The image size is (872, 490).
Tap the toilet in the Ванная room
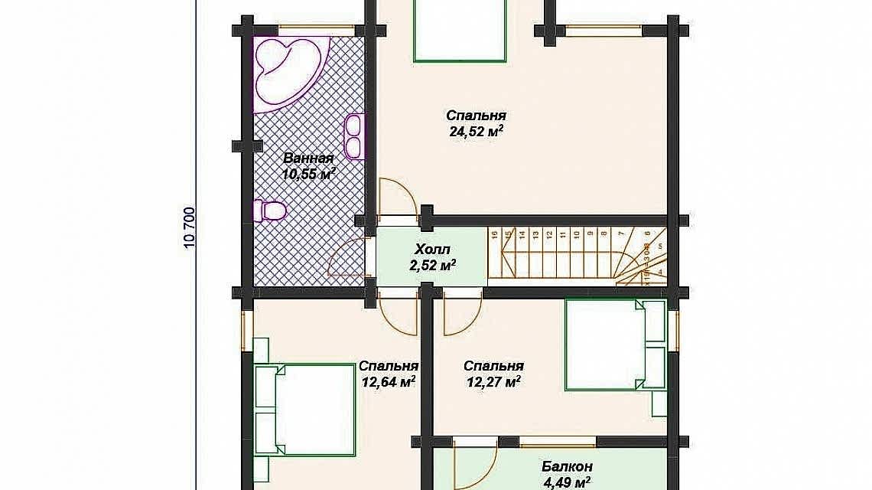click(271, 210)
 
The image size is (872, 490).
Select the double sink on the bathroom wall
click(354, 136)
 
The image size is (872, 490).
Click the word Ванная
click(308, 158)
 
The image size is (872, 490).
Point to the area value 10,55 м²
click(309, 175)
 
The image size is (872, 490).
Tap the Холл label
click(433, 250)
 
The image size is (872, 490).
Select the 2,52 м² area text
click(433, 266)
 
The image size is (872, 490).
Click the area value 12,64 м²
click(388, 381)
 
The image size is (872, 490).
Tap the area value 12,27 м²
click(493, 381)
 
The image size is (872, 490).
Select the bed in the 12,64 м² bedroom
click(303, 413)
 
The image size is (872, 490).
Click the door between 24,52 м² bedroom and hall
click(396, 202)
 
